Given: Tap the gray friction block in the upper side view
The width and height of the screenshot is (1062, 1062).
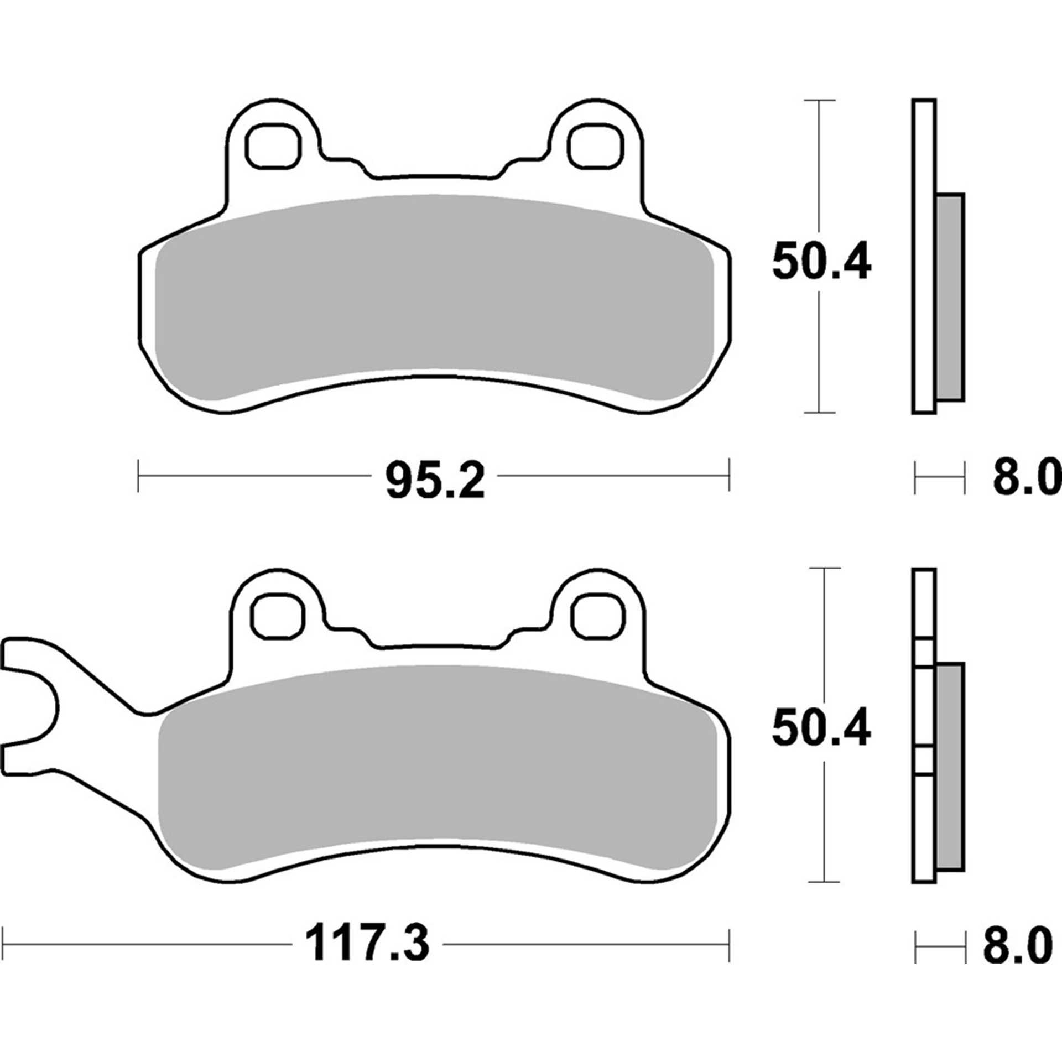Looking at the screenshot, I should (951, 297).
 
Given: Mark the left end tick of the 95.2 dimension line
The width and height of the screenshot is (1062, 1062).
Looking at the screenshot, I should (138, 475).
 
